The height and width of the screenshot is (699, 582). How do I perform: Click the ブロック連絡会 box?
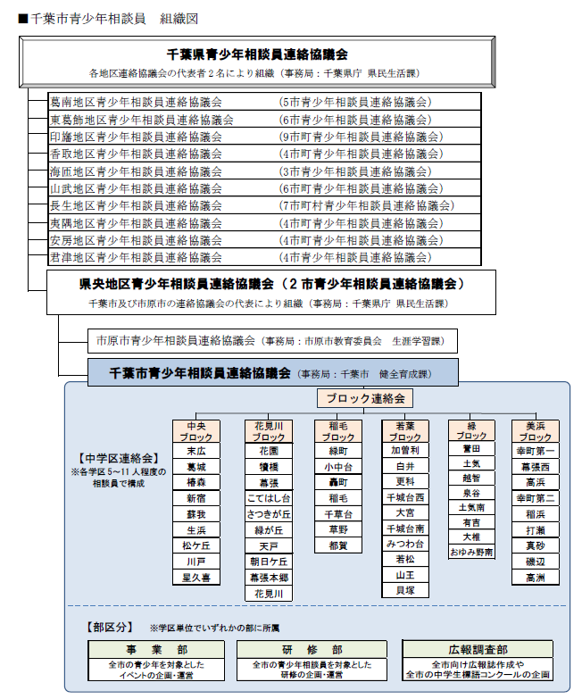[365, 398]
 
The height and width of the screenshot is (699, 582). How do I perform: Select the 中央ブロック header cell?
[195, 432]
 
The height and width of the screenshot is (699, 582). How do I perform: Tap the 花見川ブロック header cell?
[269, 432]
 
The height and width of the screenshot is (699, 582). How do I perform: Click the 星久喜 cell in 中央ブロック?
[195, 578]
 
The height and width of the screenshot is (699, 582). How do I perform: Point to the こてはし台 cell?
[269, 498]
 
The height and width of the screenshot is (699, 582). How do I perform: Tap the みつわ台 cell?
[404, 544]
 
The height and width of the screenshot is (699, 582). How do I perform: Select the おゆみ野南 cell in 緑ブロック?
[472, 553]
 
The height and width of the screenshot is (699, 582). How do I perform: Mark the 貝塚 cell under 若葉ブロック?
[404, 590]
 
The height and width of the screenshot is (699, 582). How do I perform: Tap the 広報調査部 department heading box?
[478, 650]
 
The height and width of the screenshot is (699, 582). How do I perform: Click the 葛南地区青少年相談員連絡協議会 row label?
[136, 103]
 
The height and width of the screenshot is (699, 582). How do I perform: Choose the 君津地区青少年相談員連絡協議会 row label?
[136, 257]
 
